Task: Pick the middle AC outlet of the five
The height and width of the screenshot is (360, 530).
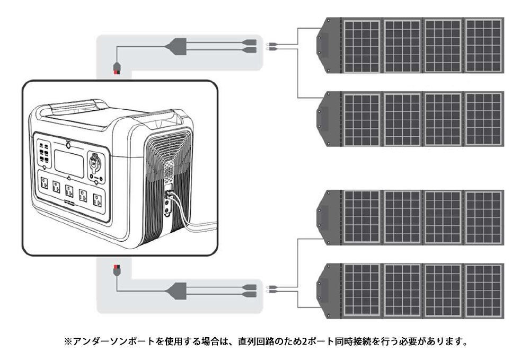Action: (x=68, y=191)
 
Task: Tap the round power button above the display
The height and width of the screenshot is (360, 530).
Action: (x=69, y=143)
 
